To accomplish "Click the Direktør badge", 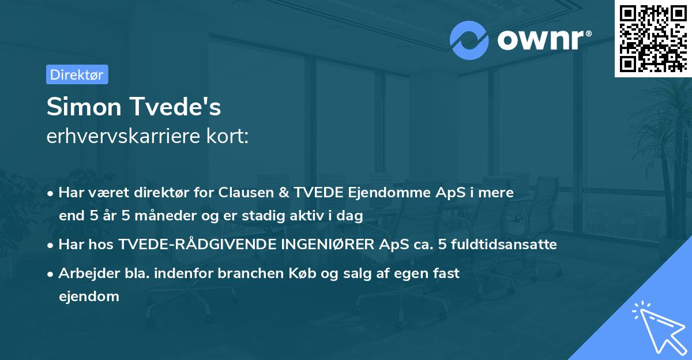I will point(77,74).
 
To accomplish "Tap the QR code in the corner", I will point(653,38).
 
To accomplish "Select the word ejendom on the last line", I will point(89,297).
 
